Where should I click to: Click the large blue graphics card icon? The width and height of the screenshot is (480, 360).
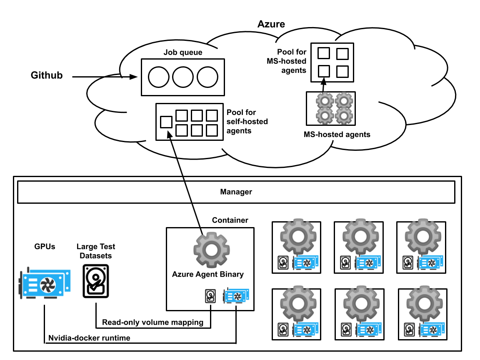coord(44,283)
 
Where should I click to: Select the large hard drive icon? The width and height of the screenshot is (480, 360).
coord(96,281)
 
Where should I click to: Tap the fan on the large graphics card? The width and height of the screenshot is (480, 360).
coord(48,285)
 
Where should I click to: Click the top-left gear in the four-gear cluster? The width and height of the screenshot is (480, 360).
coord(325,100)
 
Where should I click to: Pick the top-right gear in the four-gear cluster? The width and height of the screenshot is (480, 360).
coord(344,100)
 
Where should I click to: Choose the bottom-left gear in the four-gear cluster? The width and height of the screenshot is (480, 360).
coord(325,116)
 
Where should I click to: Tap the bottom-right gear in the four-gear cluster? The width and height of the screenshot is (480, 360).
coord(344,116)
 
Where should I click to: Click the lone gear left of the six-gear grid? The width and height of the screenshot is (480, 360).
coord(211,250)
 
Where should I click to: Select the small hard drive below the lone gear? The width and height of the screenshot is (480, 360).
coord(210,296)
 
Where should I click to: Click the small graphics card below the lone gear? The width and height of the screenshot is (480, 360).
coord(236,295)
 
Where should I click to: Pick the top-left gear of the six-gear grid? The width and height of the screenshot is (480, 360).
coord(298,236)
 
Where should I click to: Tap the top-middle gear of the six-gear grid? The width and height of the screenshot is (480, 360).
coord(360,236)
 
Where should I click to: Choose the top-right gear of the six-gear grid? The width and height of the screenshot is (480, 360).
coord(423,236)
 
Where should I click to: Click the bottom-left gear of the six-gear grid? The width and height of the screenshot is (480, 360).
coord(298,303)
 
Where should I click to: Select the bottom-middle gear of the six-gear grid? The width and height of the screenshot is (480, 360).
coord(361,303)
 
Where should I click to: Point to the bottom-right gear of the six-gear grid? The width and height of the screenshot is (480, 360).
coord(424,303)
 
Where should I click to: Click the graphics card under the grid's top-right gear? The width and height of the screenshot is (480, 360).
coord(430,262)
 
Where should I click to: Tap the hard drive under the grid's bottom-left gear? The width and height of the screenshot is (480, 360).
coord(283,330)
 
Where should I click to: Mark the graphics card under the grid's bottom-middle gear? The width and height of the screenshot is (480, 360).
coord(368,329)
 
